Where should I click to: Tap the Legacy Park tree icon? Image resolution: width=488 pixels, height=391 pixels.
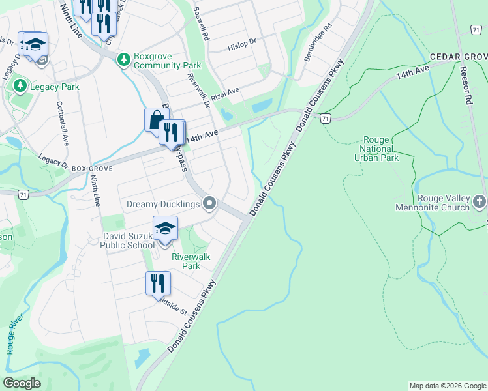pos(20,85)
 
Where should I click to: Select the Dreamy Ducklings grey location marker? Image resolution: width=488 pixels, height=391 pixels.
pos(209,205)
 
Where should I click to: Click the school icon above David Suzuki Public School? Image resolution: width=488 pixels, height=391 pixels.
pos(165,229)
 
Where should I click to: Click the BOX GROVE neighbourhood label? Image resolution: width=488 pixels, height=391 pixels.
pos(93,168)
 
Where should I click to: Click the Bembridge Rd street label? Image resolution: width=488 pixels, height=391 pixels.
pos(318,43)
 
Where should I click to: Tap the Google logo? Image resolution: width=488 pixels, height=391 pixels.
pos(22,383)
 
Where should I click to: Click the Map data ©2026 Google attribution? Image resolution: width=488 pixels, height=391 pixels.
pos(447,386)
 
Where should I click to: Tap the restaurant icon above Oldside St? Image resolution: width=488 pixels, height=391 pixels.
pos(158,283)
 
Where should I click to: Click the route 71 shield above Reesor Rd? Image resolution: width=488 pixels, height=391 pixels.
pos(476,29)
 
